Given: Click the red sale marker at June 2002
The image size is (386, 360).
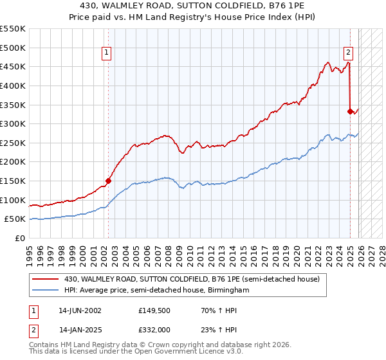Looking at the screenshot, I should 108,181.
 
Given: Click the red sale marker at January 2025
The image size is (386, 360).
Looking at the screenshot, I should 351,111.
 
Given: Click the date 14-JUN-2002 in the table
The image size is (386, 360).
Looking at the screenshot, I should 80,310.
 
